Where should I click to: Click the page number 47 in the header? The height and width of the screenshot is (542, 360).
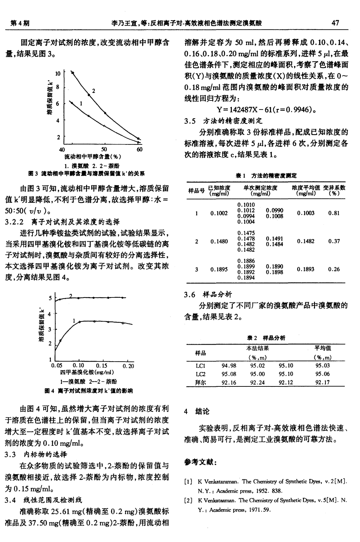point(335,23)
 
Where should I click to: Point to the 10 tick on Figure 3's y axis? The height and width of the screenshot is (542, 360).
point(57,73)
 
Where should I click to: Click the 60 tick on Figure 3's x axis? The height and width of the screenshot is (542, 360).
point(139,149)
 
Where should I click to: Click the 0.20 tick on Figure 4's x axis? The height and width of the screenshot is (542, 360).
point(128,366)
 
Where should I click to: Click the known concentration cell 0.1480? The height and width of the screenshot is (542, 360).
point(219,241)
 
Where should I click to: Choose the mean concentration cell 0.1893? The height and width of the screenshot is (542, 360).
point(306,269)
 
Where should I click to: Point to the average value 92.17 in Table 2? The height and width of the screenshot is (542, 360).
point(323,383)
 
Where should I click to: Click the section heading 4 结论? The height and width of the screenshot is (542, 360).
point(197,411)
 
